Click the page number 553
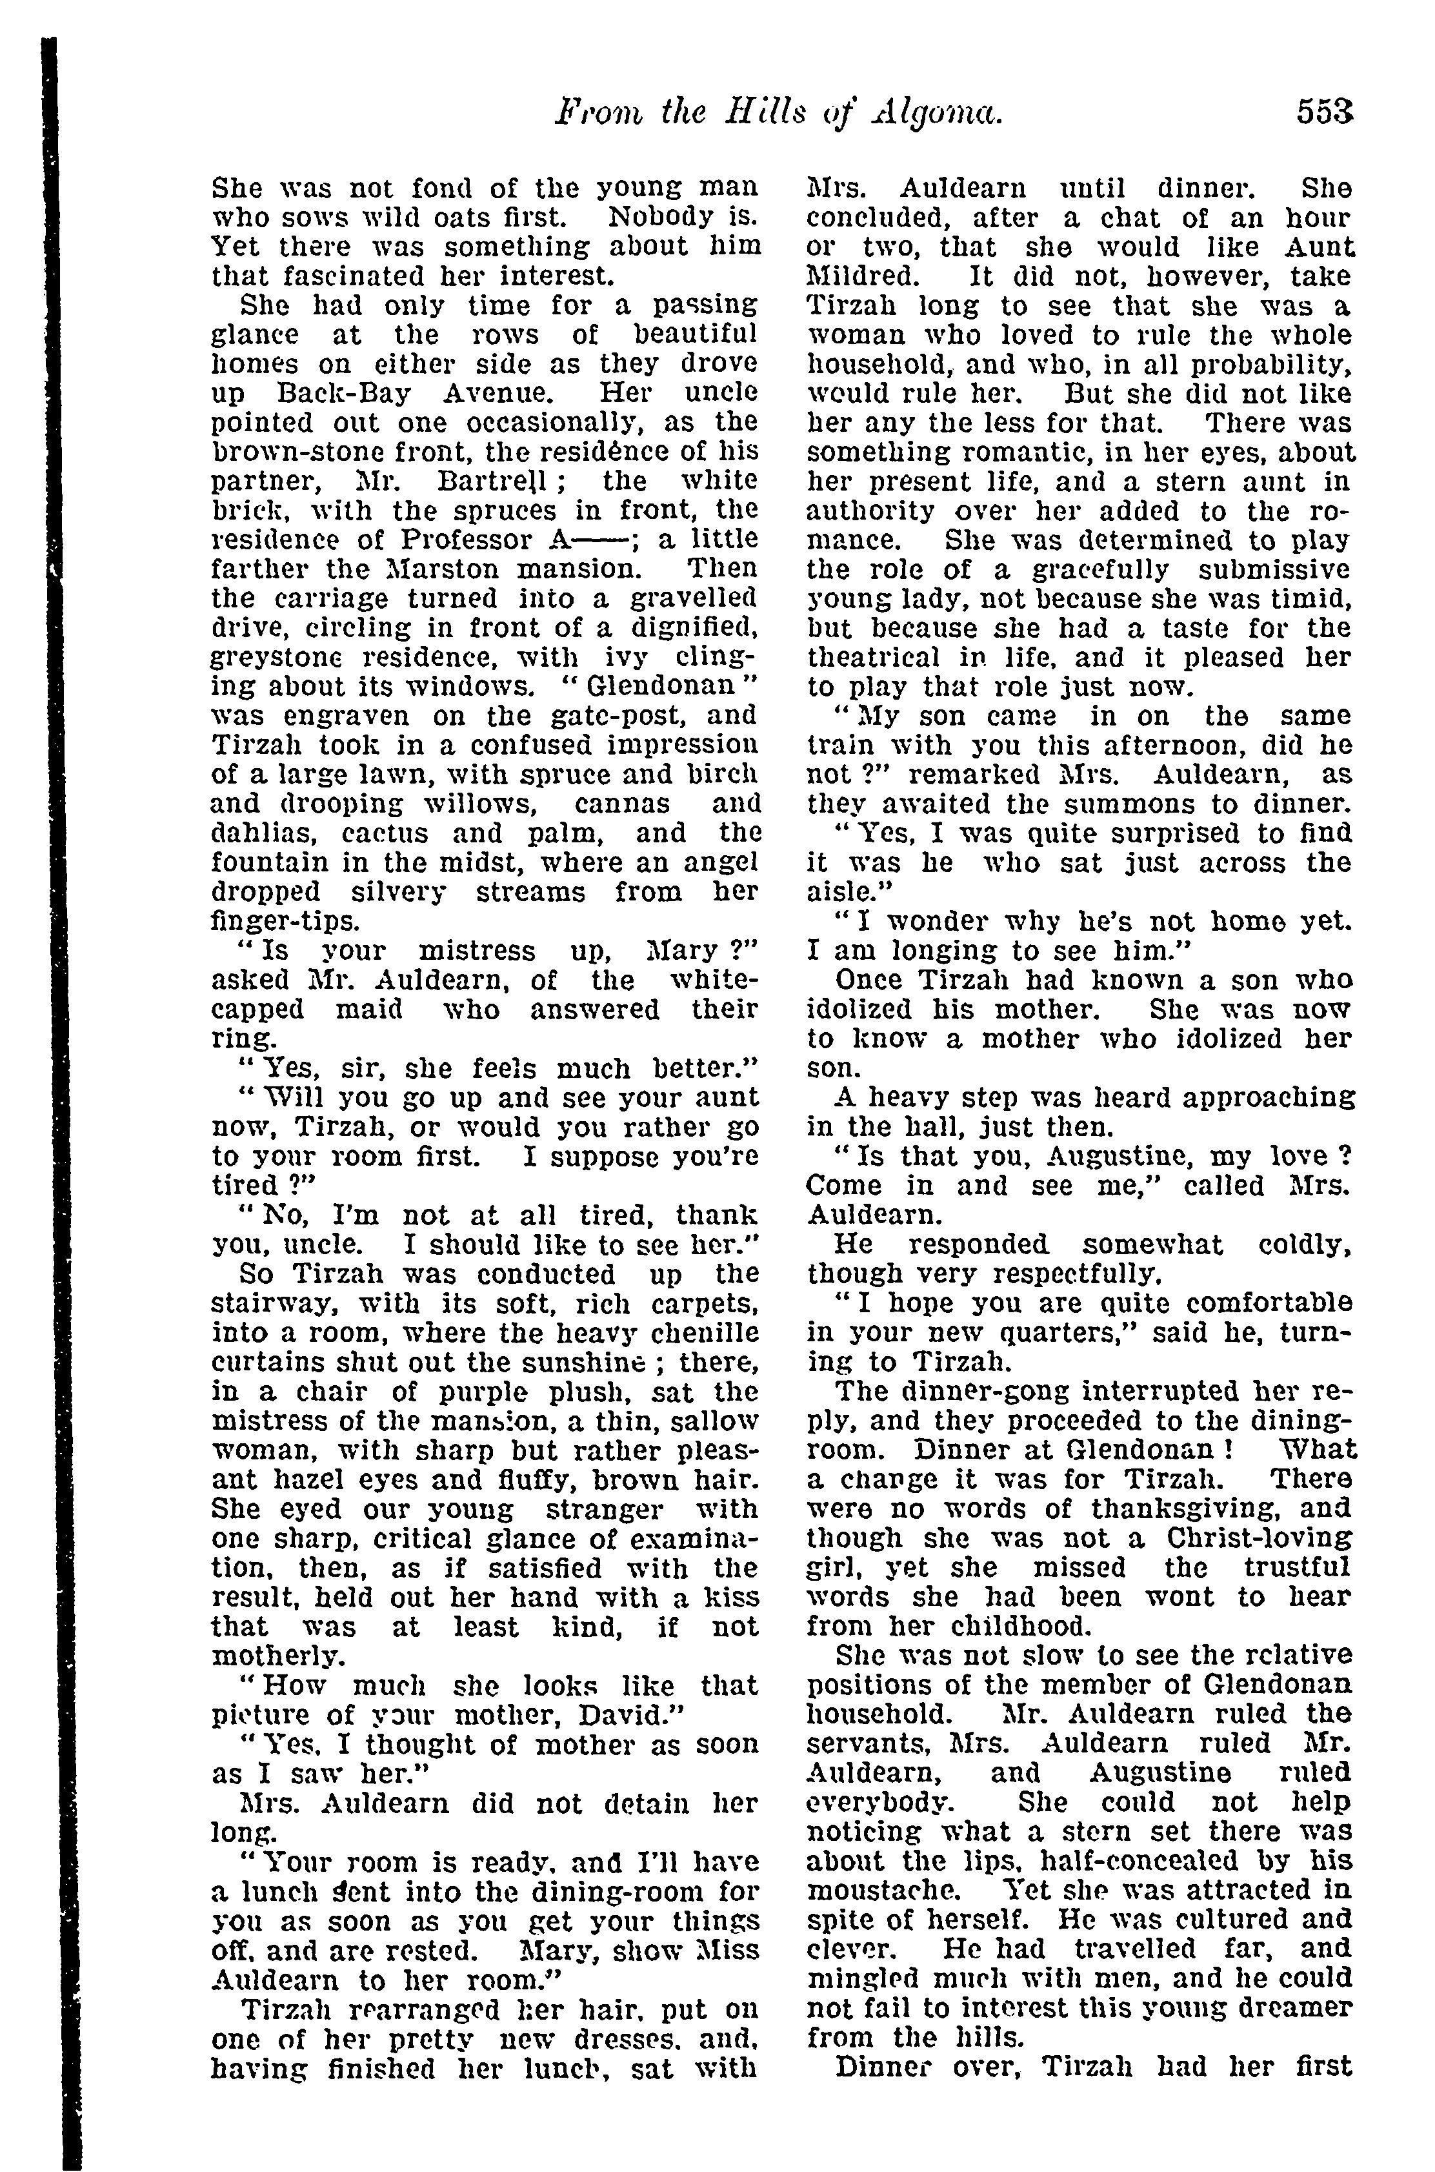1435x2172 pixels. click(1323, 114)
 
